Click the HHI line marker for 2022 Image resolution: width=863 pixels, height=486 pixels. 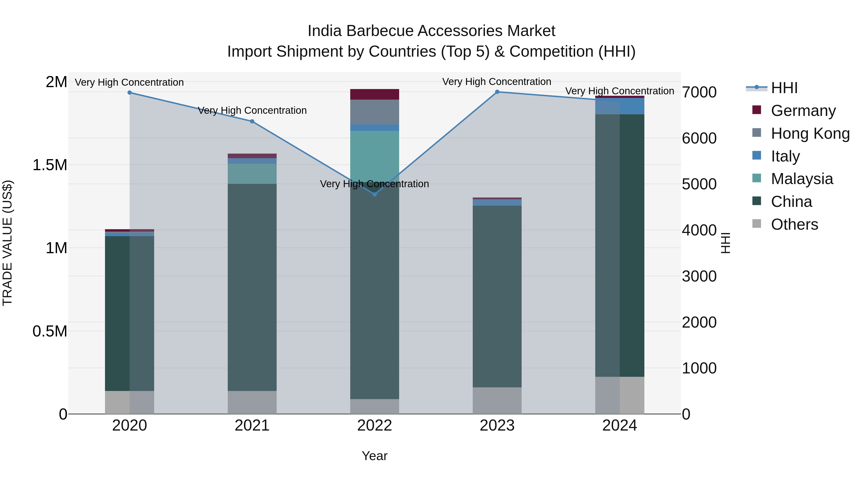pos(374,194)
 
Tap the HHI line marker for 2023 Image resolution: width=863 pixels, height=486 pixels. pos(497,92)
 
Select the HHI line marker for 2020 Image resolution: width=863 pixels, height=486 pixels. pos(130,93)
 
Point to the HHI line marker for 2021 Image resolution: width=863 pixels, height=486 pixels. pos(252,121)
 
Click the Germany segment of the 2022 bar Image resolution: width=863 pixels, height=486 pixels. pos(374,94)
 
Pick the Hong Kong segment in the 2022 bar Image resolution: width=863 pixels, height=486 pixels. pos(374,112)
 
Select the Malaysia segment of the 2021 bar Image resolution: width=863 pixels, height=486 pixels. pos(252,174)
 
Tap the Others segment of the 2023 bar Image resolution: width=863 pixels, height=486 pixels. pos(497,401)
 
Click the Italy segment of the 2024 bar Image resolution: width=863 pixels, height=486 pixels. pos(619,106)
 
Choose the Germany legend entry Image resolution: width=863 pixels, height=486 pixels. pos(803,111)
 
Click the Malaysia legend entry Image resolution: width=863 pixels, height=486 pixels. pos(802,179)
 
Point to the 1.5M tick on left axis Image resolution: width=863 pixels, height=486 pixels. pos(50,165)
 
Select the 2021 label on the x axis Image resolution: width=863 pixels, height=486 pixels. pos(252,425)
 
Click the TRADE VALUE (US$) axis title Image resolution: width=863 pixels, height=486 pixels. pos(7,243)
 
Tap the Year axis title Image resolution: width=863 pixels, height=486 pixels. pos(374,456)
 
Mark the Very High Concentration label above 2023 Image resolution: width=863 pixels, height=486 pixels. pos(496,82)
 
